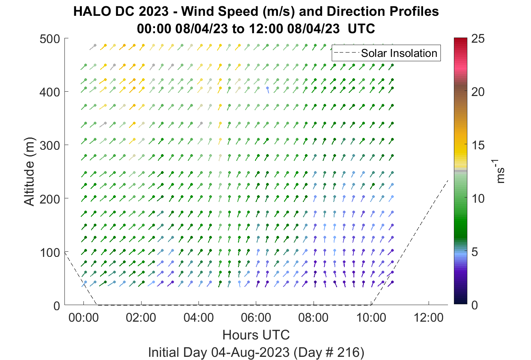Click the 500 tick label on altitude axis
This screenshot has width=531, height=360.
(49, 39)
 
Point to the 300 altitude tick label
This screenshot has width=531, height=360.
(49, 145)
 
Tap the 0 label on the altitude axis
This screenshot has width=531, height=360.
(57, 306)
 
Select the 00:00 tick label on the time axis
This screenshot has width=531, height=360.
(83, 318)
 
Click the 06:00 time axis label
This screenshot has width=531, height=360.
(256, 318)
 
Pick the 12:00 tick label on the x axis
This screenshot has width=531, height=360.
(429, 318)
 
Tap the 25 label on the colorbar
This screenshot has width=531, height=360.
(478, 39)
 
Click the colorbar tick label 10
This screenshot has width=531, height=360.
(478, 198)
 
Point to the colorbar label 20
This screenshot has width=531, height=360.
(478, 92)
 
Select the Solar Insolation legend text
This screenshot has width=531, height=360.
(399, 53)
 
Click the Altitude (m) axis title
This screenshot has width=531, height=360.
(29, 172)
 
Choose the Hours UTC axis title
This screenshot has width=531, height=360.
(256, 335)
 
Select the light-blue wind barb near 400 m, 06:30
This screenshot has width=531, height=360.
(268, 90)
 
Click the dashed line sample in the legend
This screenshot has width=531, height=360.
(346, 53)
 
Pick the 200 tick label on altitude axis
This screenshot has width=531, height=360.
(49, 199)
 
